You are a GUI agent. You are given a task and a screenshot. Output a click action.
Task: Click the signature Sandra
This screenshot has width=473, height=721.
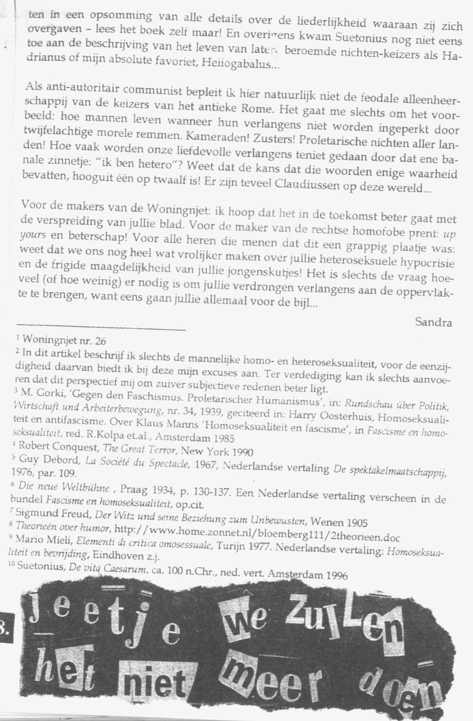coord(434,322)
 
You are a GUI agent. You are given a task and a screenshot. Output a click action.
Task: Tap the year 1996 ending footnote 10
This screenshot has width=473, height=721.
coord(335,573)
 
